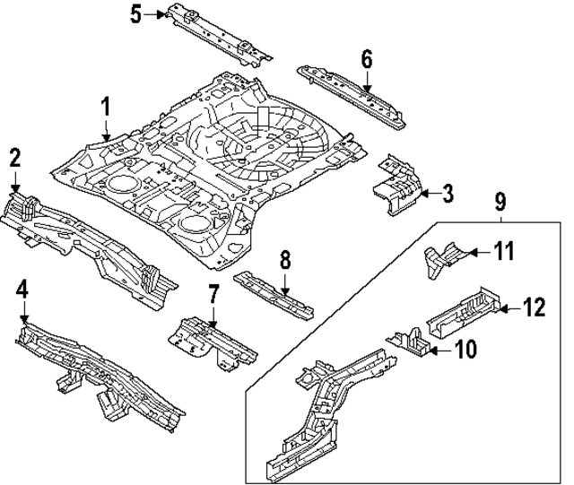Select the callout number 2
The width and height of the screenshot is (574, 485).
[14, 158]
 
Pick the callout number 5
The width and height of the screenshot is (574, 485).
[135, 13]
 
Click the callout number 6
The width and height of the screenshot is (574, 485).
[366, 59]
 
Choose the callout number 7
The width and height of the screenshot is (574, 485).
[213, 293]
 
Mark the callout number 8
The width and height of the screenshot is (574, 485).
[284, 261]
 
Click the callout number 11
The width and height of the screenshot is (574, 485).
[505, 252]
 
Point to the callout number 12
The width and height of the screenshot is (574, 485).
[535, 307]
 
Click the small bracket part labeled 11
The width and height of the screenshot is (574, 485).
[442, 255]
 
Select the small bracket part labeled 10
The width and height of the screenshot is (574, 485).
[411, 341]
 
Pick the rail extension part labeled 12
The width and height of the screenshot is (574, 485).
[464, 310]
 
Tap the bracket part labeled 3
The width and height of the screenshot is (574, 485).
[396, 186]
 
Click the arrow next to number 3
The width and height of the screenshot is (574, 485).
[427, 192]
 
